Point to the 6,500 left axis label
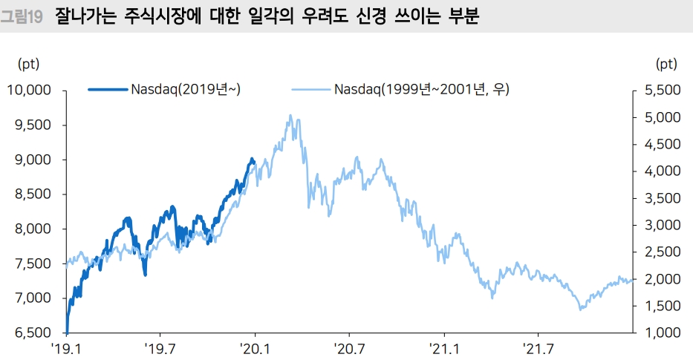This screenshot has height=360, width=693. point(33,333)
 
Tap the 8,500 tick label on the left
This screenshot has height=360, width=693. point(33,194)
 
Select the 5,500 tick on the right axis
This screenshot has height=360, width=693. point(659,91)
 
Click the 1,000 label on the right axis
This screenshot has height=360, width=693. point(659,333)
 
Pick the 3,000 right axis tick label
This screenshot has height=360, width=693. point(659,225)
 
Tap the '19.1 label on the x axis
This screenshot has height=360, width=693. point(65,347)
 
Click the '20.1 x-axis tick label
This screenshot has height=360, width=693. point(254,347)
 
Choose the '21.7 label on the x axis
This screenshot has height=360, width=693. point(537,347)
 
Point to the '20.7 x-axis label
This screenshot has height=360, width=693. point(348,347)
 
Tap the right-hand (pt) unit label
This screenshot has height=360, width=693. point(667,65)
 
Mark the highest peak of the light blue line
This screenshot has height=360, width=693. point(290,116)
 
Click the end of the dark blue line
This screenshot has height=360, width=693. point(254,160)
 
